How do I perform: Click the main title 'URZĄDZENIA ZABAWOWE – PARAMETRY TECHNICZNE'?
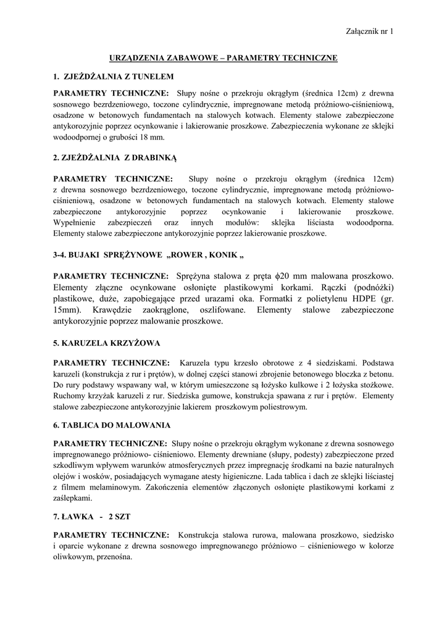[223, 57]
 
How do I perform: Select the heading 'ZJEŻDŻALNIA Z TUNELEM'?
[117, 77]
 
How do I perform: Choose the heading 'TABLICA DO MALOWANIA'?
[116, 425]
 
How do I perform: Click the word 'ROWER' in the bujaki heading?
[191, 256]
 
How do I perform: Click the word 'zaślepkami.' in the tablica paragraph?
[73, 498]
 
